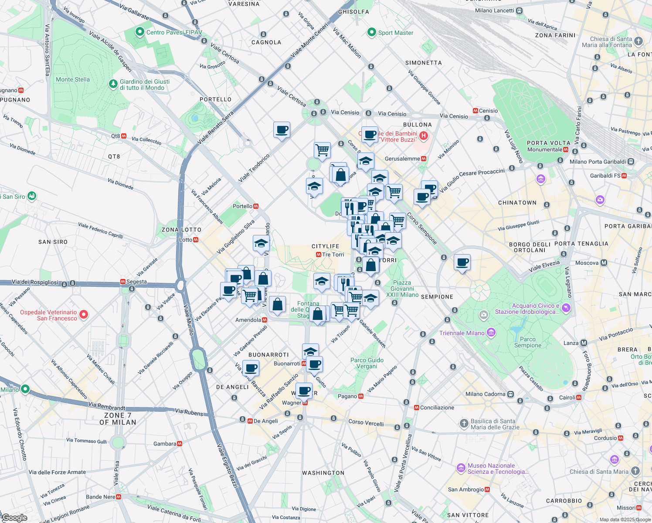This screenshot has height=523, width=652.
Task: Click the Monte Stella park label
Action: [x=73, y=79]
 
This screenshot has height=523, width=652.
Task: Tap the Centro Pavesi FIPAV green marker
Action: [x=139, y=32]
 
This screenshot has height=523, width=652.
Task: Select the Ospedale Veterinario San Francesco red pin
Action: [x=84, y=314]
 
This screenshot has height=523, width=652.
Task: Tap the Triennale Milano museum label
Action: [x=462, y=333]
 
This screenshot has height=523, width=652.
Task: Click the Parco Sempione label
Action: [x=527, y=342]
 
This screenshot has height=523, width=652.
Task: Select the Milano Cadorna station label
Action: [x=485, y=394]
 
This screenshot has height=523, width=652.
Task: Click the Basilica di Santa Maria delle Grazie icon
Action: [x=464, y=423]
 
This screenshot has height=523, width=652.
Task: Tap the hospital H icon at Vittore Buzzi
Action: [x=423, y=136]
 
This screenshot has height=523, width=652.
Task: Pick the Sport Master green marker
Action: [x=371, y=32]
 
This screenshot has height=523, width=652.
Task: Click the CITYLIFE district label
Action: [x=325, y=246]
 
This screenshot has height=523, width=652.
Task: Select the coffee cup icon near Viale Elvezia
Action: [x=462, y=262]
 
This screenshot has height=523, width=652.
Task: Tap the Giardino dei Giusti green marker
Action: [x=113, y=83]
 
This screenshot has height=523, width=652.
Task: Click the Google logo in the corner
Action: [x=14, y=517]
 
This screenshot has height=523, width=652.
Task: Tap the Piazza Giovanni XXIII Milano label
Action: [x=402, y=289]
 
